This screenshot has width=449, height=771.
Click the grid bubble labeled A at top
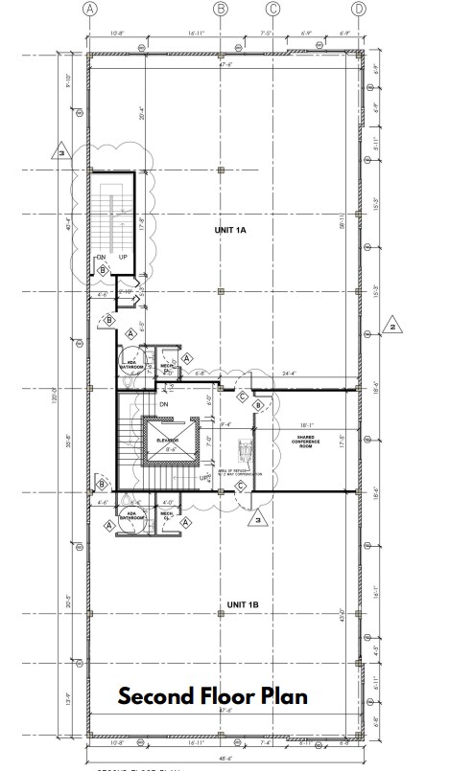click(x=90, y=9)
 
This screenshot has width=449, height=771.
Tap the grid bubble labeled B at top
click(x=220, y=9)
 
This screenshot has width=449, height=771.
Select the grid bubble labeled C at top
click(x=272, y=9)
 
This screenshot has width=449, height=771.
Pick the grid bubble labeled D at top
click(x=359, y=9)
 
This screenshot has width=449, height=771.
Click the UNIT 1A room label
click(x=231, y=231)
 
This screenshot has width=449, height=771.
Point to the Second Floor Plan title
click(x=213, y=696)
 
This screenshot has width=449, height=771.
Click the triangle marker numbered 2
click(x=392, y=326)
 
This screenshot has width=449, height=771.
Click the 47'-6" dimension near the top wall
click(x=226, y=65)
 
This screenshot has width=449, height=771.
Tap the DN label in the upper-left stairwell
click(x=99, y=258)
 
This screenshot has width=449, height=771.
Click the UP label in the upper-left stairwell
click(x=121, y=258)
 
